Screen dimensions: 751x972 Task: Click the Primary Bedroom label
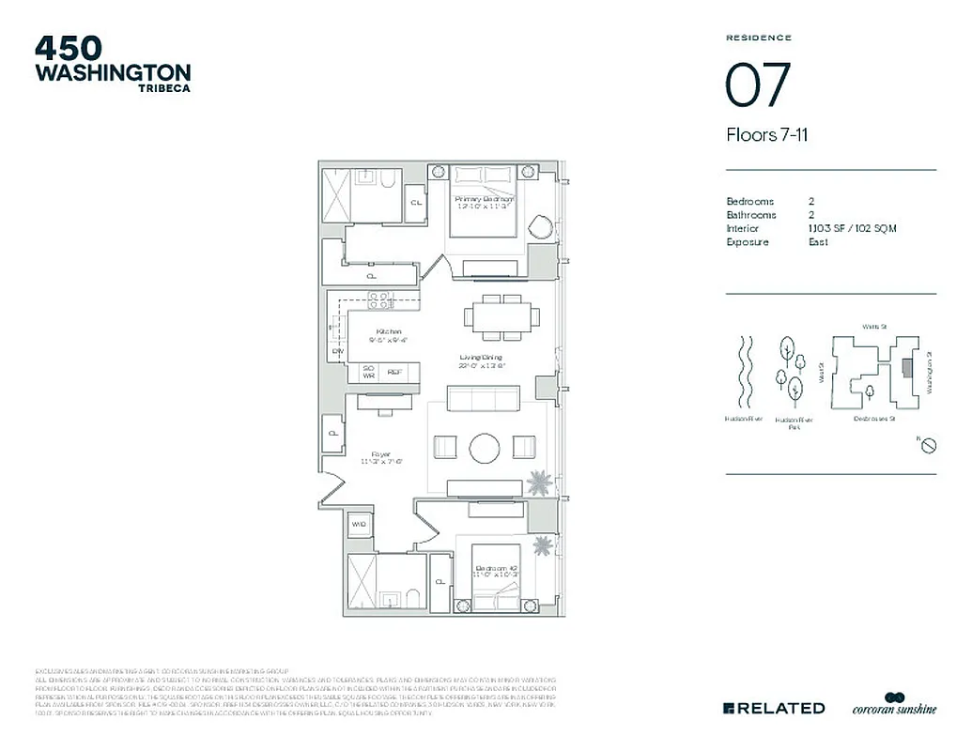tap(484, 200)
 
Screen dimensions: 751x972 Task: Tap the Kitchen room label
tap(389, 332)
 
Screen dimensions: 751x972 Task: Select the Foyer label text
tap(381, 454)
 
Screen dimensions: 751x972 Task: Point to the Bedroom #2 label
tap(495, 569)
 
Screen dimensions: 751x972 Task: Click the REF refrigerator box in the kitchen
tap(397, 373)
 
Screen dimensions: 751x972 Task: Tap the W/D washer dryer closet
tap(359, 524)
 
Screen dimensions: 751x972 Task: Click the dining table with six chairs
tap(502, 317)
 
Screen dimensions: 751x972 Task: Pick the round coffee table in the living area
tap(486, 448)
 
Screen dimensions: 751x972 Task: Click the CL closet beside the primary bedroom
tap(416, 202)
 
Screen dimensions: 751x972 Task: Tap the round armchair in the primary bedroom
tap(540, 228)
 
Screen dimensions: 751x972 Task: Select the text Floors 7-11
tap(767, 135)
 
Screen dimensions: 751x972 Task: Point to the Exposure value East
tap(817, 242)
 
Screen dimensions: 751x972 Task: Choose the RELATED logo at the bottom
tap(774, 708)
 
